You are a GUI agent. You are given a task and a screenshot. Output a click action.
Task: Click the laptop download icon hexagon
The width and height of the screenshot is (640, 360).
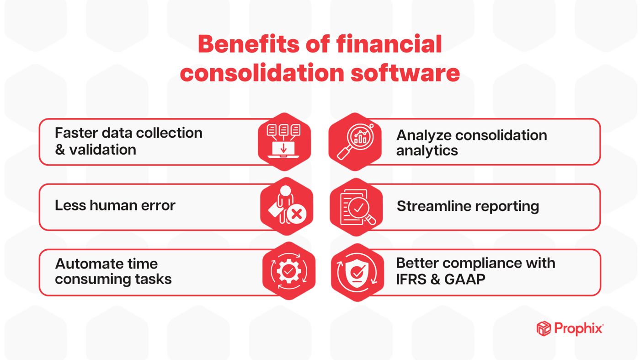point(284,141)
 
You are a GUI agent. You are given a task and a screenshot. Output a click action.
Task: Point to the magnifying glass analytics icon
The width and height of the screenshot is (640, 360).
point(355,142)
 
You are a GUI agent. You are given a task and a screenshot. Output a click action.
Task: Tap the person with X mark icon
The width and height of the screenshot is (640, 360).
point(287,207)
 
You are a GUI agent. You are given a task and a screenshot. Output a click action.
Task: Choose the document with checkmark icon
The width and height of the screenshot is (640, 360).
point(356,207)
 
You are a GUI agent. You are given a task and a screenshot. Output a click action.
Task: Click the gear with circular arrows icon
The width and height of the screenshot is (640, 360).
point(289,271)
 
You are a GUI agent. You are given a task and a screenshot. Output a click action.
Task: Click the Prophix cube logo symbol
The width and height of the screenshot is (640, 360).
point(544,328)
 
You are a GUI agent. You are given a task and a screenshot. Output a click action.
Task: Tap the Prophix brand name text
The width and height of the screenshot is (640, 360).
point(578,328)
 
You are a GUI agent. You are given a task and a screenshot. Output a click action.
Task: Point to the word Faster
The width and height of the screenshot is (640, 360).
point(75,133)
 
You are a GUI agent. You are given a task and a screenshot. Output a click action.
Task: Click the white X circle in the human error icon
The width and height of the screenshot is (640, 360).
point(297,214)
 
